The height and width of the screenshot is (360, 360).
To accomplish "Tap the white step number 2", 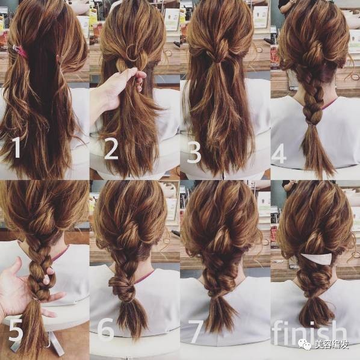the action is [x=111, y=149].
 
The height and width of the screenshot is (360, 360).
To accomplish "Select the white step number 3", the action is [x=194, y=152].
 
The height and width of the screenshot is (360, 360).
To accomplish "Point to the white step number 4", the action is [x=279, y=154].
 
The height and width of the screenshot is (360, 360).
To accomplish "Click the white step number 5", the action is [x=16, y=331].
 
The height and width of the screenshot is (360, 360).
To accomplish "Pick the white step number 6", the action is [x=106, y=330].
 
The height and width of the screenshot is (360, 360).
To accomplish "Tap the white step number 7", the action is [x=196, y=331].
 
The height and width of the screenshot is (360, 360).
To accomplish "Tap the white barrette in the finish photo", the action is [x=317, y=258].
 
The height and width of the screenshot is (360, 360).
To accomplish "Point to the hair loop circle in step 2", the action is [x=132, y=52].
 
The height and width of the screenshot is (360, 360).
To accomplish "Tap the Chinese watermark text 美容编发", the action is [x=332, y=344].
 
